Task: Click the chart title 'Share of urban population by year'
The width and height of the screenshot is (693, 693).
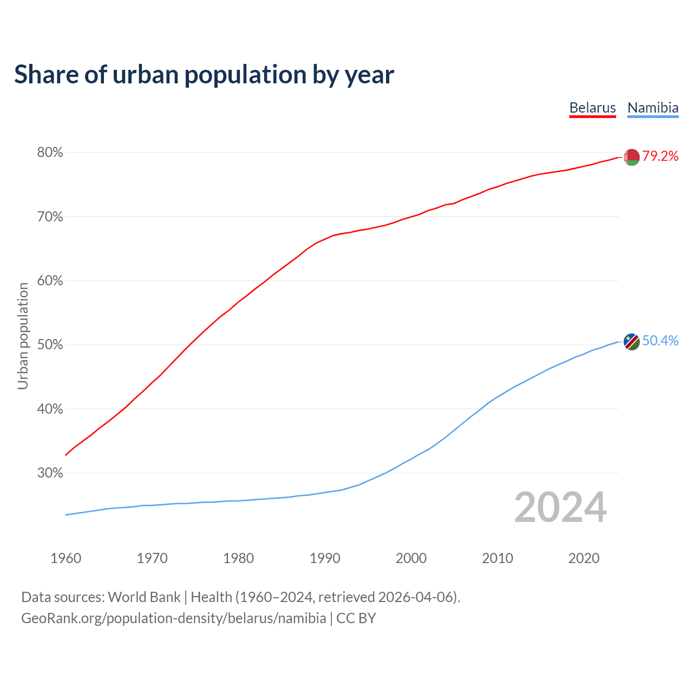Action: point(204,75)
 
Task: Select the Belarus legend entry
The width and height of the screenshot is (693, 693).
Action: point(592,108)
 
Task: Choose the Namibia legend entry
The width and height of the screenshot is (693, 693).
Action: point(652,108)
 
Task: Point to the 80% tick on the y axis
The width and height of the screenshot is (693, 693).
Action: point(50,153)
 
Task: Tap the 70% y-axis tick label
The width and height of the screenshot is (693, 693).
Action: point(50,217)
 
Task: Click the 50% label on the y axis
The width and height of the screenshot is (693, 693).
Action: point(50,345)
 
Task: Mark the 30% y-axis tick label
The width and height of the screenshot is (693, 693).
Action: point(50,473)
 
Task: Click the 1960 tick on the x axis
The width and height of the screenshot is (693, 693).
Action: point(66,558)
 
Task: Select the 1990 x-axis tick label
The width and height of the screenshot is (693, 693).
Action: point(325,558)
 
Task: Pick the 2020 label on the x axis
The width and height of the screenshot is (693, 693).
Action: point(584,558)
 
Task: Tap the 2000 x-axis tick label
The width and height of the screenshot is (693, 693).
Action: point(411,558)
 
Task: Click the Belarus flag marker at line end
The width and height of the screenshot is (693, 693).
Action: point(631,157)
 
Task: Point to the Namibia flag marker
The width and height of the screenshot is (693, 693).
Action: point(631,342)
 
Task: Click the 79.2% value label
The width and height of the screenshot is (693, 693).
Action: point(661,156)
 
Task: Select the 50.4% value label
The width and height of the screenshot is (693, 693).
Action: point(661,341)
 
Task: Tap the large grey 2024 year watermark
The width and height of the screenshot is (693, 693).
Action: point(560,507)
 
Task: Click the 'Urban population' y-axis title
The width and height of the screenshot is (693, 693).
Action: point(23,336)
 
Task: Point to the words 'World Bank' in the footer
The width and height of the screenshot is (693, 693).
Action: point(144,597)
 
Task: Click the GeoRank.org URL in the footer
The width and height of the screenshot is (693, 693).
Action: point(173,618)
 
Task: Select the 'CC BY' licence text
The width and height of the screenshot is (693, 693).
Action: point(356,618)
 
